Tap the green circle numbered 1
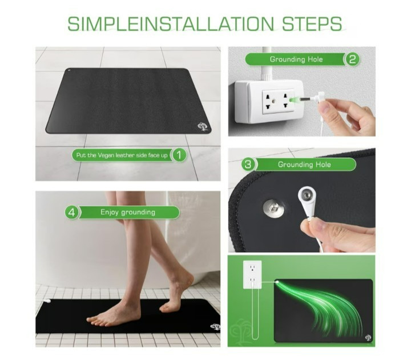pos(179,154)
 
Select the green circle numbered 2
pos(352,59)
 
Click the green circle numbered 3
pos(248,165)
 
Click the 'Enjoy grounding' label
pos(128,212)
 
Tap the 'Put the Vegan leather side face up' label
pos(122,154)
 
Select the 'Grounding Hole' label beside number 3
pos(304,165)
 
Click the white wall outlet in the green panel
pos(252,275)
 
